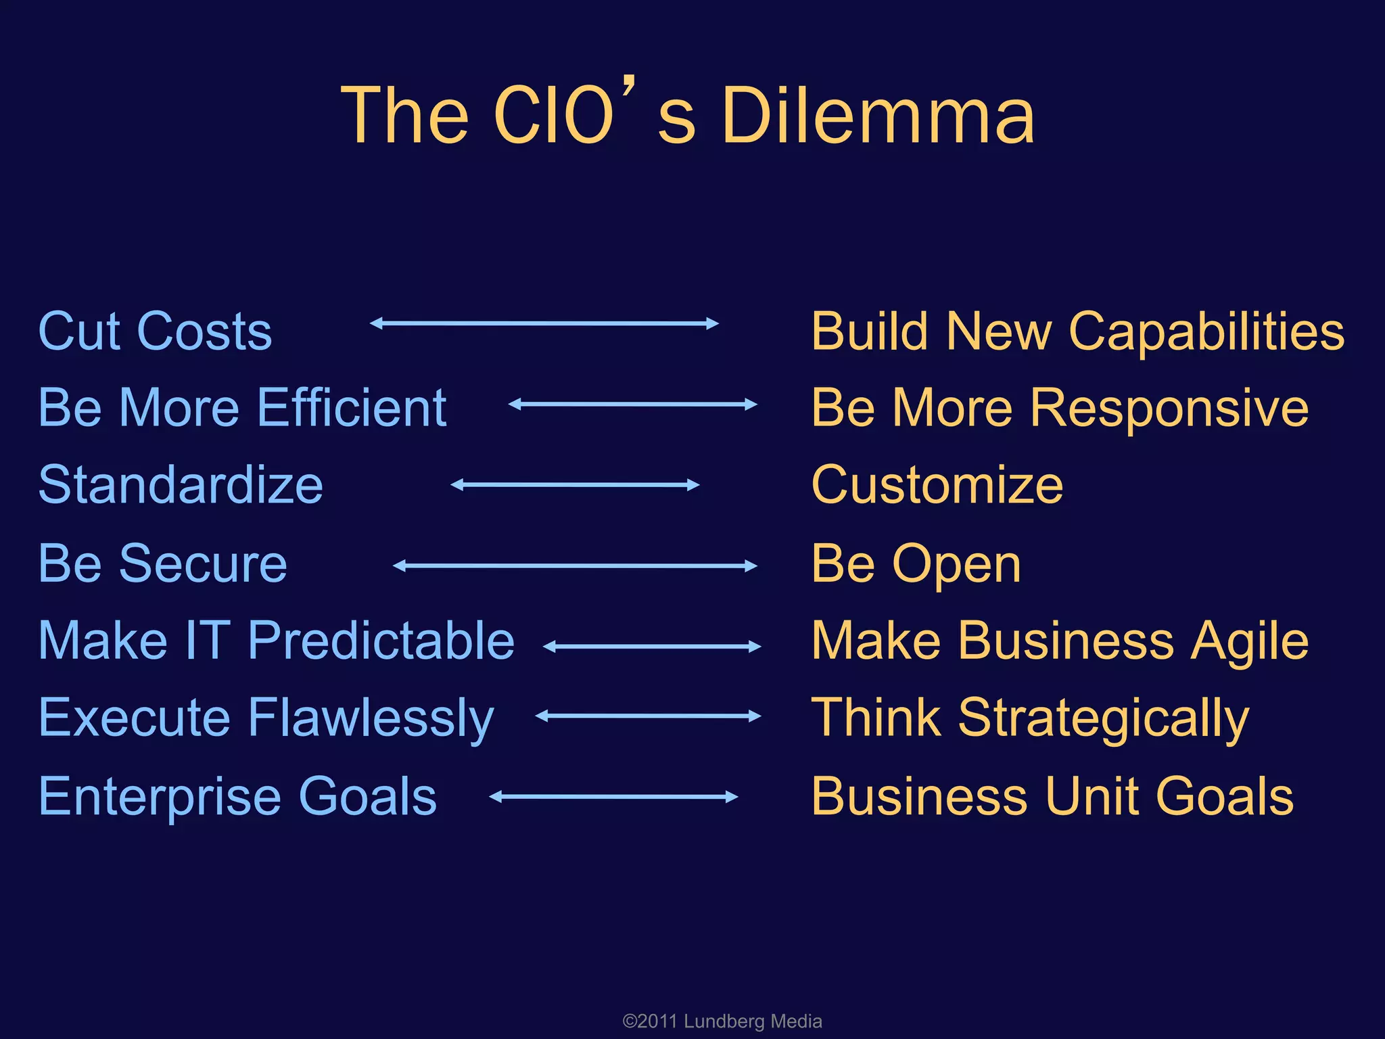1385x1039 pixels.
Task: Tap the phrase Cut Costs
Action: click(155, 331)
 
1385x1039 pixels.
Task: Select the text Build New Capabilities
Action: click(1078, 331)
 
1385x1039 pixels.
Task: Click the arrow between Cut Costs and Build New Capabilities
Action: click(544, 323)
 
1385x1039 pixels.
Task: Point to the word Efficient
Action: click(352, 408)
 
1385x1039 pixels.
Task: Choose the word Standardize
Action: click(181, 485)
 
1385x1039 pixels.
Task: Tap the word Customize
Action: click(937, 485)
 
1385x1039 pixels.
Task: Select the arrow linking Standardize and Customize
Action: click(575, 485)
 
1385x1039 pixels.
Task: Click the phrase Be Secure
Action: click(162, 563)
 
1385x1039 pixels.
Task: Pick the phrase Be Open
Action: click(916, 563)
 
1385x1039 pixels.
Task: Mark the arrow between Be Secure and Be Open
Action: click(575, 565)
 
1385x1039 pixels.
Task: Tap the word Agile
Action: click(1250, 641)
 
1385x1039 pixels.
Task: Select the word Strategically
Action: click(1104, 718)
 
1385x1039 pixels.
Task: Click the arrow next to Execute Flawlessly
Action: click(648, 716)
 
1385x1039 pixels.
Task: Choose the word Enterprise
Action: click(159, 797)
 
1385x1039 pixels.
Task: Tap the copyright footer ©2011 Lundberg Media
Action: click(722, 1021)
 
